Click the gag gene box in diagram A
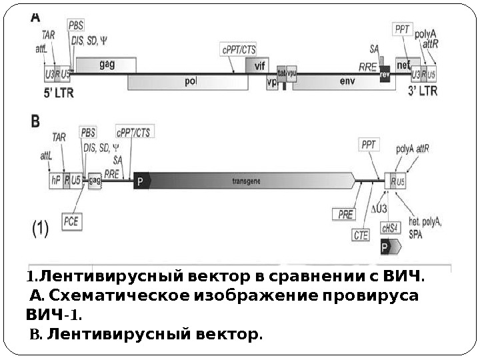click(x=107, y=65)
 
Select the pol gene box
click(x=190, y=82)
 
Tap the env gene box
click(x=347, y=81)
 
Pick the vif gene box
click(x=257, y=65)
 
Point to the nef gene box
click(x=403, y=65)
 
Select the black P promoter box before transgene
click(x=141, y=180)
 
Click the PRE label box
click(x=345, y=213)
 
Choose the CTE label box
click(x=361, y=234)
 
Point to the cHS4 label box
click(x=390, y=227)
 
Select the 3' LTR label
click(x=423, y=91)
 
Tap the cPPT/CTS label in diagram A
click(x=238, y=49)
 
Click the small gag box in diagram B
click(x=95, y=180)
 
